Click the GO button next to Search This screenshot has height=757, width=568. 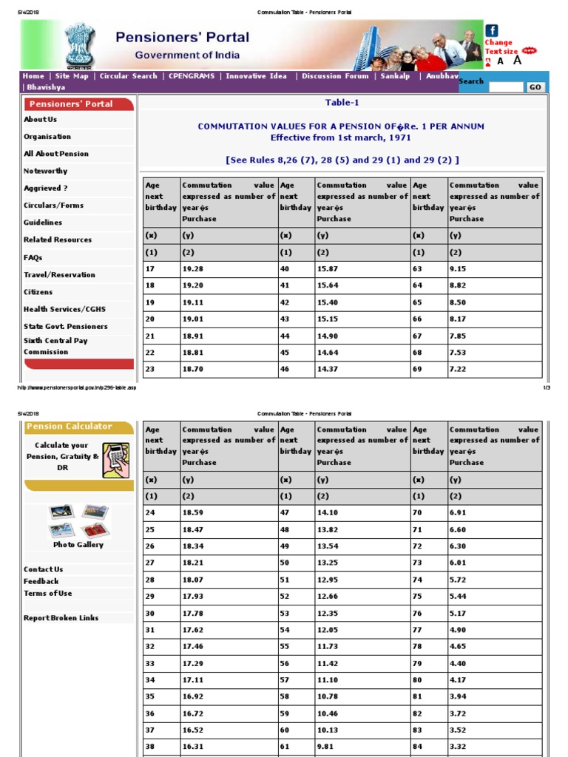tap(535, 87)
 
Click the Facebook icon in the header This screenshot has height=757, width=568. tap(492, 30)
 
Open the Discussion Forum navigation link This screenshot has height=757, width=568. tap(335, 76)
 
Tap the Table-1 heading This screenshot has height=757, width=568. tap(342, 103)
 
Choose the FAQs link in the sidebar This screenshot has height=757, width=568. tap(33, 257)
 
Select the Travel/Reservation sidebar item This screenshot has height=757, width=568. tap(59, 275)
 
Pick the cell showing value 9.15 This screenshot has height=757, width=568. tap(458, 269)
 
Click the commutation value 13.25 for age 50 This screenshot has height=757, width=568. tap(327, 563)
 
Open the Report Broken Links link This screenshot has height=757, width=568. tap(61, 618)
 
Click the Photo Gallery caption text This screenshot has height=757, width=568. tap(78, 545)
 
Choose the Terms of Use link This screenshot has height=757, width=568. tap(48, 594)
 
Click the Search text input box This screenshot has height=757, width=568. tap(505, 87)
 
